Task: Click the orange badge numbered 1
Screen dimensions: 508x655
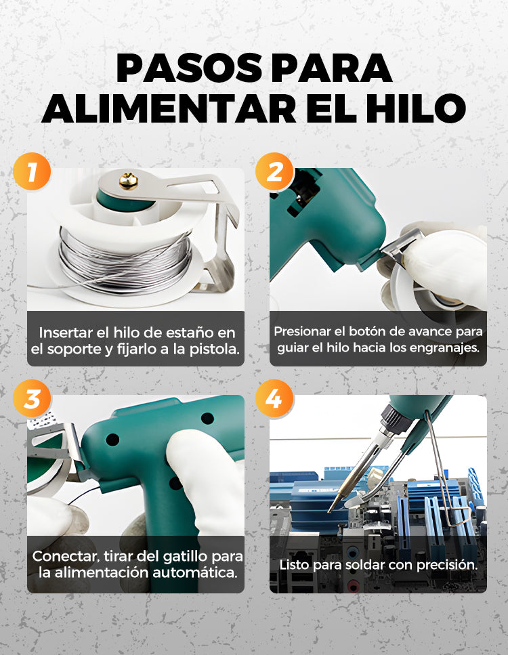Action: (x=32, y=171)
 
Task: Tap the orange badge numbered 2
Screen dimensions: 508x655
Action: (x=274, y=171)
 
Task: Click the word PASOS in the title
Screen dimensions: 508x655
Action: (x=190, y=68)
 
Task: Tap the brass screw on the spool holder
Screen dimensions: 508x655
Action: (x=129, y=181)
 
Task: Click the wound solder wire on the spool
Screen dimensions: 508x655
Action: (x=125, y=261)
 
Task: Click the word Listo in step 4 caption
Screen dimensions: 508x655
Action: (x=295, y=565)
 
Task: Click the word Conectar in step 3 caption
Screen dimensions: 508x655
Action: (x=66, y=557)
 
